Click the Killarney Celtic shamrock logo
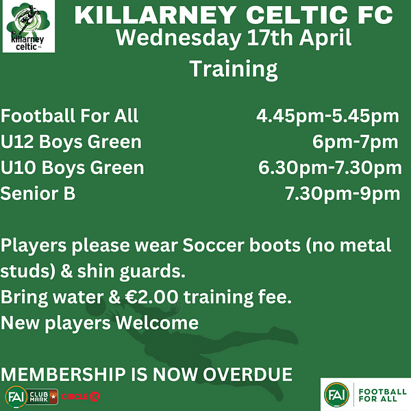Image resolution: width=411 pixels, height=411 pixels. tap(28, 26)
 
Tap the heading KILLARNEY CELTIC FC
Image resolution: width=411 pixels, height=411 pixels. tap(234, 15)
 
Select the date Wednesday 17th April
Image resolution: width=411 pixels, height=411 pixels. tap(234, 38)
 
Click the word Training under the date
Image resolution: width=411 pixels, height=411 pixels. tap(234, 69)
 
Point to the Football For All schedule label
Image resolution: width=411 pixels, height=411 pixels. tap(69, 116)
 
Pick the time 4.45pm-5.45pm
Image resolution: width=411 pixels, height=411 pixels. tap(327, 116)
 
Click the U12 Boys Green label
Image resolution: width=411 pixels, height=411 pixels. tap(71, 142)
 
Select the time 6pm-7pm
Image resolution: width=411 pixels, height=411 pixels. tap(355, 142)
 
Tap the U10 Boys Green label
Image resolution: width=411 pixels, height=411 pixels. tap(73, 168)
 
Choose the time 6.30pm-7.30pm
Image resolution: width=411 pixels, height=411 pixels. tap(330, 169)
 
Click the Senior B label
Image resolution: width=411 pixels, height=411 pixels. tap(38, 193)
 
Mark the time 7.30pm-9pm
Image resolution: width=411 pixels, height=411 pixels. tap(342, 195)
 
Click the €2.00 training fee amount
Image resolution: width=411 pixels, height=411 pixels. tap(151, 297)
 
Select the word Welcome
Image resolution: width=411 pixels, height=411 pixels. tap(157, 323)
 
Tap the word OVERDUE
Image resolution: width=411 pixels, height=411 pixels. tap(248, 374)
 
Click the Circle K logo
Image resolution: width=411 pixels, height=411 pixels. tap(81, 397)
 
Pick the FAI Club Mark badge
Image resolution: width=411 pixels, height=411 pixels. tap(32, 397)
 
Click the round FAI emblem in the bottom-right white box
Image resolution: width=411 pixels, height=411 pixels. tap(336, 395)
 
